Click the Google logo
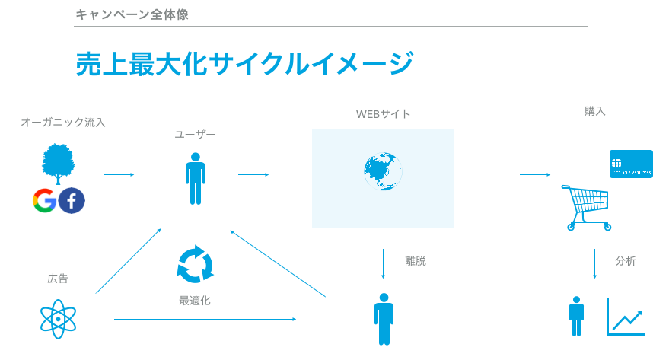pos(45,200)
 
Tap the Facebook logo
pos(72,200)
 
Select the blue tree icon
pos(58,164)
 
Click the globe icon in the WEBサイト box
pos(383,172)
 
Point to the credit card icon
pos(631,164)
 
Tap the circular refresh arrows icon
pos(195,263)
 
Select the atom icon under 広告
pos(59,319)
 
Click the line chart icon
pos(626,317)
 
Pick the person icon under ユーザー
pos(196,179)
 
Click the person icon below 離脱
pos(384,319)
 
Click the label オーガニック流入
pos(63,122)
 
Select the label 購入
pos(595,111)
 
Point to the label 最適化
pos(195,301)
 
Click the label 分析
pos(626,261)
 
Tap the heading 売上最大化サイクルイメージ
pos(244,64)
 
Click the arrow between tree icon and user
pos(119,175)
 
